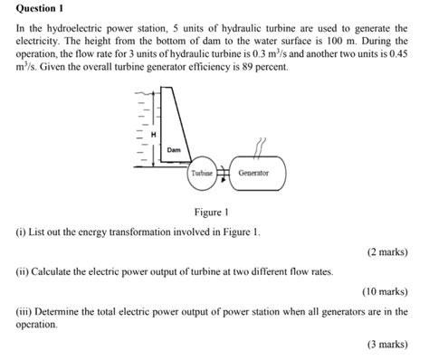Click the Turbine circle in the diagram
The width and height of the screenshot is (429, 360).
pos(201,172)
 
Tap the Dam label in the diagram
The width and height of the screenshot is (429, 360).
pos(174,149)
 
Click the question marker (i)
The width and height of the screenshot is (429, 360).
pos(21,232)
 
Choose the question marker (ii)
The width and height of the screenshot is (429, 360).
pos(23,270)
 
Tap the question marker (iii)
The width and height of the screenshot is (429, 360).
pos(24,310)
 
